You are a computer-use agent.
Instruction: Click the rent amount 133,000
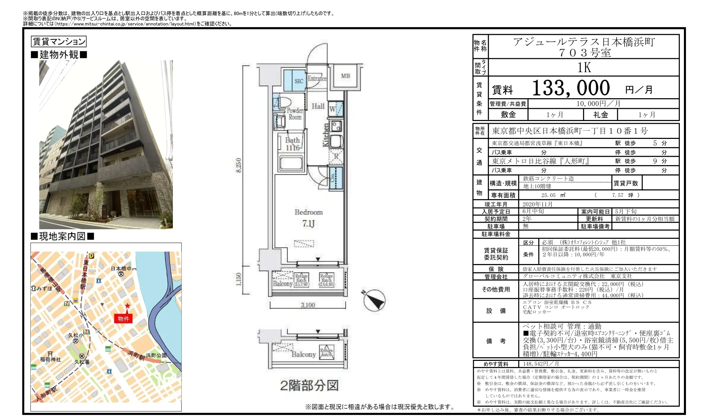571,88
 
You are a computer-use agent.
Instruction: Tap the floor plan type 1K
584,68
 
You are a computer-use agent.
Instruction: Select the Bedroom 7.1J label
309,218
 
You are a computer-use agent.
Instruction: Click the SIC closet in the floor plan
298,81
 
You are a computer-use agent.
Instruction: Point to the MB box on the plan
345,76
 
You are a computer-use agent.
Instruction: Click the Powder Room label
295,114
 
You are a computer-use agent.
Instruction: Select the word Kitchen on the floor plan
325,135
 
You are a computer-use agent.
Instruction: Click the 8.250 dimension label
239,165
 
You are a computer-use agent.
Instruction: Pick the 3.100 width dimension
308,305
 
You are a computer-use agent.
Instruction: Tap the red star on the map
127,306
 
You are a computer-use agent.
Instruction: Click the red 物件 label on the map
123,318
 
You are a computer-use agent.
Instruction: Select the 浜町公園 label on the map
156,355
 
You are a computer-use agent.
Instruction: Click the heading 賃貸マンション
59,42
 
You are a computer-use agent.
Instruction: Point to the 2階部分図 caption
309,386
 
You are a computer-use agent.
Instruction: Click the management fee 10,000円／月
598,104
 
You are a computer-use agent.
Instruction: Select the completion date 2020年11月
537,204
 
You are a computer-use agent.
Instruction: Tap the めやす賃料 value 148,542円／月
541,364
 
